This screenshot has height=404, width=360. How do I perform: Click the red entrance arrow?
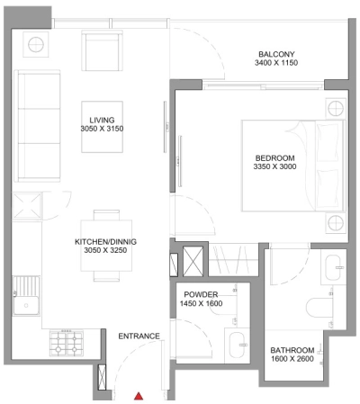click(x=139, y=394)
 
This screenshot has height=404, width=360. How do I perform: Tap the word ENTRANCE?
click(x=139, y=337)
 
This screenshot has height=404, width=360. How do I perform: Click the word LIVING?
click(x=102, y=120)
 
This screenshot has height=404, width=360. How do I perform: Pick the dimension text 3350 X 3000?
click(x=274, y=168)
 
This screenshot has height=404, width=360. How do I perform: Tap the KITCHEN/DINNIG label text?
click(x=105, y=242)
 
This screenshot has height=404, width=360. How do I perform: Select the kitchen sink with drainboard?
click(x=26, y=302)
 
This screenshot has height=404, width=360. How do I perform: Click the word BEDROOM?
click(x=274, y=158)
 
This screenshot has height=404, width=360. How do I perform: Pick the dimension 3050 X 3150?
click(x=102, y=130)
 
